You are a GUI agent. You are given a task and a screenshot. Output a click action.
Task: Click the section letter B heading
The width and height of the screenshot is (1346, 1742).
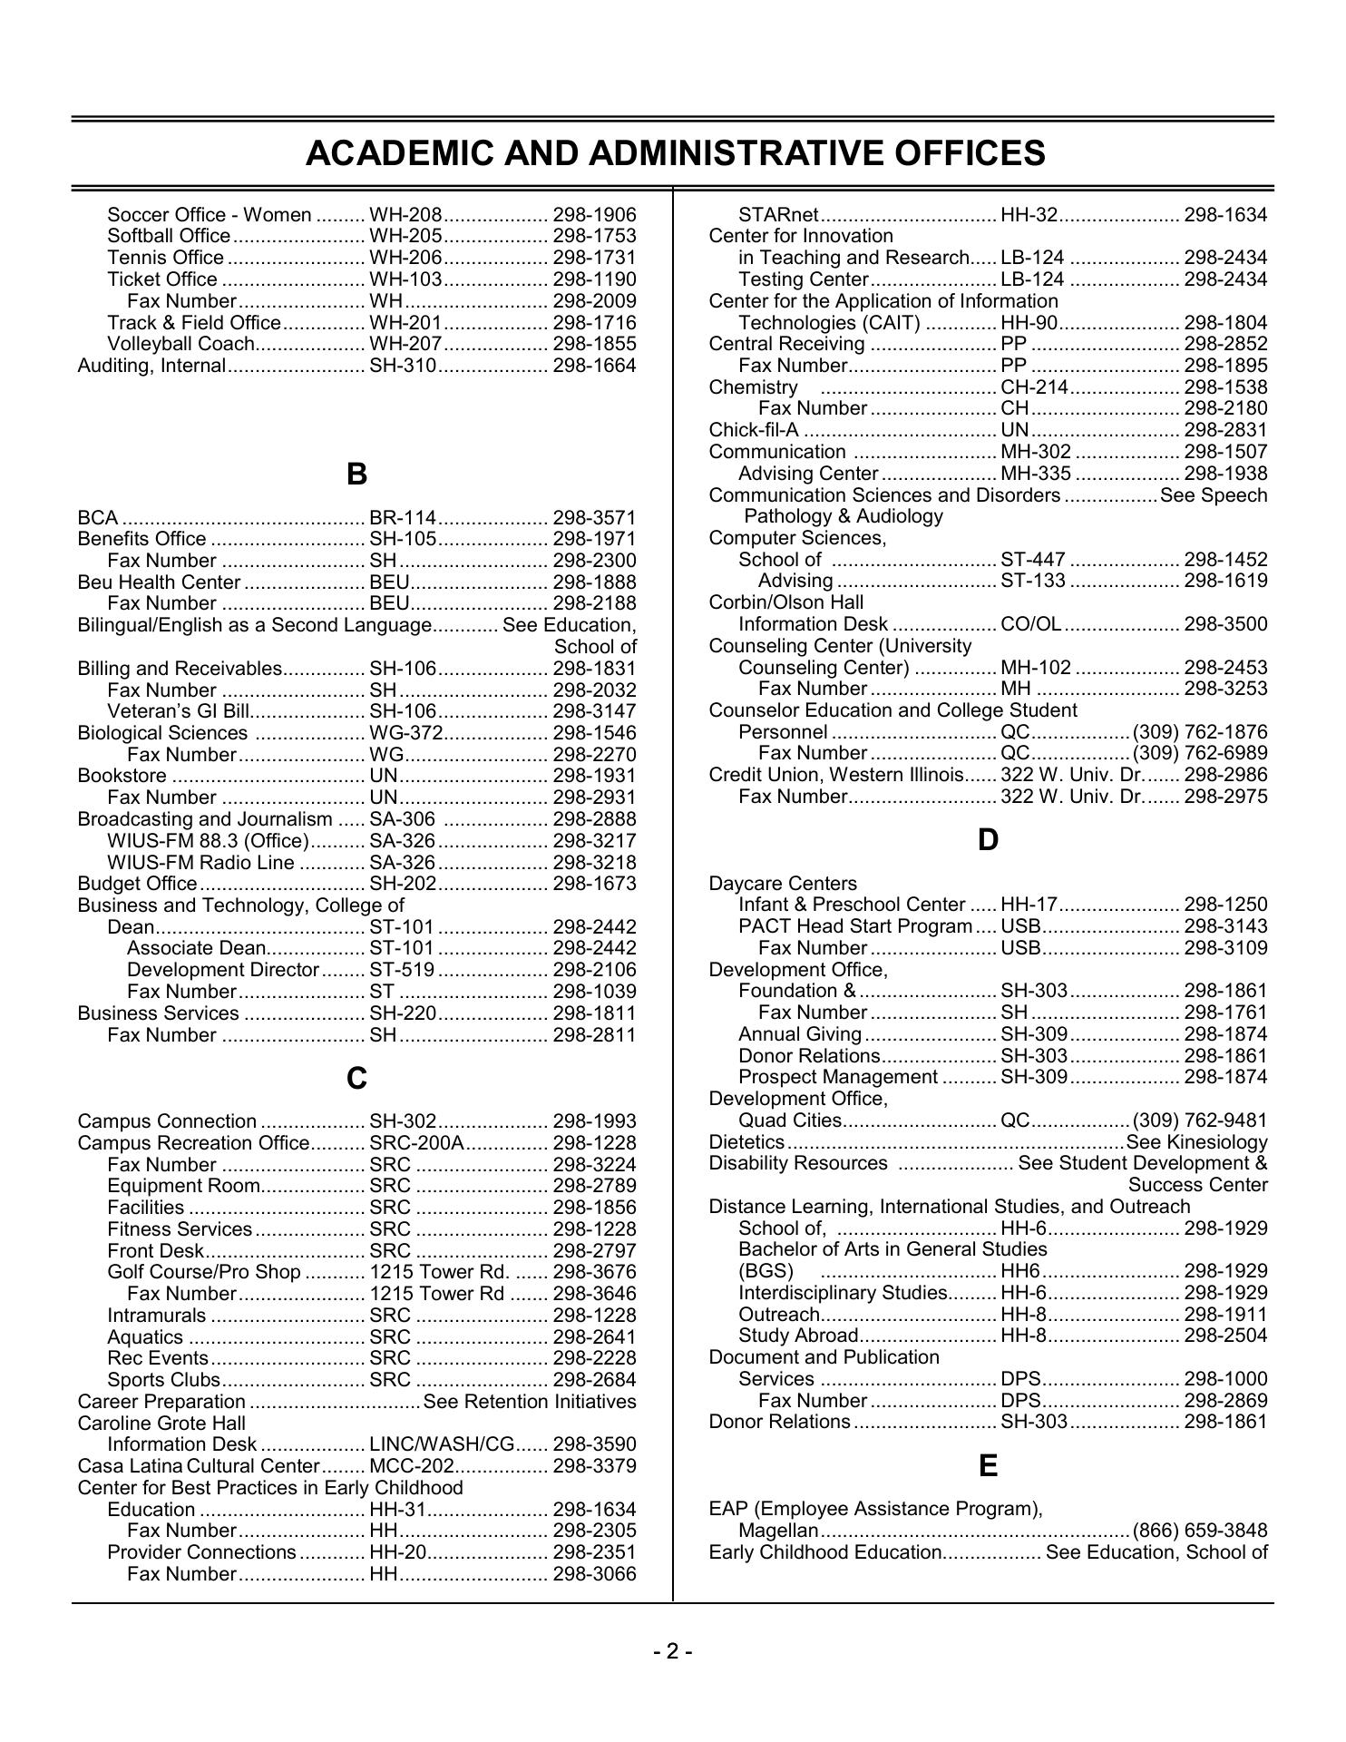[356, 474]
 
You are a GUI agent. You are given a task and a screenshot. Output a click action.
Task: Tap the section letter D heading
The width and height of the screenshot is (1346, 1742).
[988, 840]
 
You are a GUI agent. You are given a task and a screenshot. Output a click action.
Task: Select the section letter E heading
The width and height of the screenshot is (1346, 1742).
[988, 1466]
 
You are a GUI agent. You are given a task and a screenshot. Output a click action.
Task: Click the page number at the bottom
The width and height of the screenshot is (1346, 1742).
[673, 1651]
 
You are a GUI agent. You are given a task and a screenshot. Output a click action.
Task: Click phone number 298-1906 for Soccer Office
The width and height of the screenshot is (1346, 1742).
[594, 215]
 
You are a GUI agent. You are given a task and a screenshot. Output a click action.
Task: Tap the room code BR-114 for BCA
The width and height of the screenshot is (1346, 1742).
[403, 517]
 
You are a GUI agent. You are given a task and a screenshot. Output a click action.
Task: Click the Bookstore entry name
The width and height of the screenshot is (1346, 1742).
[122, 776]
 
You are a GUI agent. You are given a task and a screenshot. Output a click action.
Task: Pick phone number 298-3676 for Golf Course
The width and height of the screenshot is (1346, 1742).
[594, 1272]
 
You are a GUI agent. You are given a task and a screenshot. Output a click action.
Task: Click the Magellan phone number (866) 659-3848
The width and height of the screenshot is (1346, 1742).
[1200, 1531]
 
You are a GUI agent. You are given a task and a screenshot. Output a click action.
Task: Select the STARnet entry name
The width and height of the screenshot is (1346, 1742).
[778, 215]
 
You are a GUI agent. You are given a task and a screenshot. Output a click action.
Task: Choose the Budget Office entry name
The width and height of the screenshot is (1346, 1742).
[137, 884]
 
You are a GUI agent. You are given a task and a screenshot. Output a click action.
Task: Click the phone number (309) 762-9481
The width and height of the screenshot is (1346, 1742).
[1200, 1121]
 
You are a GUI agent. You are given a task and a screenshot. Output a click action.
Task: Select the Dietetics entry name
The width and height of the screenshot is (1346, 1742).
[746, 1142]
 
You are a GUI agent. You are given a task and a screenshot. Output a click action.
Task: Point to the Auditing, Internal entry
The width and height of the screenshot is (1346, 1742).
[151, 366]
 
